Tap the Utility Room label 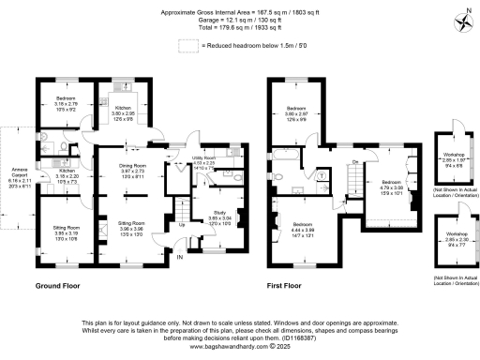coord(204,162)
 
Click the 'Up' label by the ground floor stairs coord(181,224)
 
